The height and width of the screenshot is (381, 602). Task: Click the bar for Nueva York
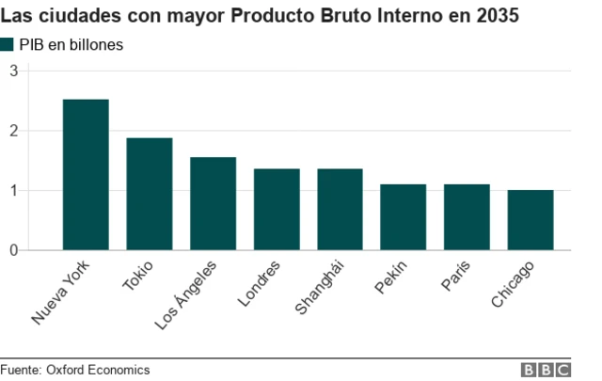pyautogui.click(x=86, y=175)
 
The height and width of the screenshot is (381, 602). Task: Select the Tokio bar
pyautogui.click(x=150, y=194)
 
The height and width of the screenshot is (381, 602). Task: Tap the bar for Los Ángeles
pyautogui.click(x=213, y=203)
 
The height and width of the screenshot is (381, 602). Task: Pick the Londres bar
pyautogui.click(x=277, y=209)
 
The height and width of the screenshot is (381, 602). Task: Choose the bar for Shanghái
pyautogui.click(x=340, y=209)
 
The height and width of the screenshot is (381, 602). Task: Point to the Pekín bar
pyautogui.click(x=404, y=217)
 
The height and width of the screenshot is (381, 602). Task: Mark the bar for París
pyautogui.click(x=467, y=217)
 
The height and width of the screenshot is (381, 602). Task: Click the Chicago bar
pyautogui.click(x=531, y=220)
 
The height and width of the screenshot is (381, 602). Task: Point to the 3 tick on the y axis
pyautogui.click(x=14, y=71)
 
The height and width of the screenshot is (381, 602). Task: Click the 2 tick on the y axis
pyautogui.click(x=14, y=131)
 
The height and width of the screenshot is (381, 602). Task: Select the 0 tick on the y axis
pyautogui.click(x=14, y=250)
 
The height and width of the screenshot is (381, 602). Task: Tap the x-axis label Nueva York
pyautogui.click(x=65, y=294)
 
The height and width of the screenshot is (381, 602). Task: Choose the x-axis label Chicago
pyautogui.click(x=514, y=286)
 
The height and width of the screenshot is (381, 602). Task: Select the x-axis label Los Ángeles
pyautogui.click(x=187, y=295)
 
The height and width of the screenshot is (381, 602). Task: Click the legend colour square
pyautogui.click(x=8, y=44)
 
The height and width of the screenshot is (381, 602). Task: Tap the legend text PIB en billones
pyautogui.click(x=71, y=44)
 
